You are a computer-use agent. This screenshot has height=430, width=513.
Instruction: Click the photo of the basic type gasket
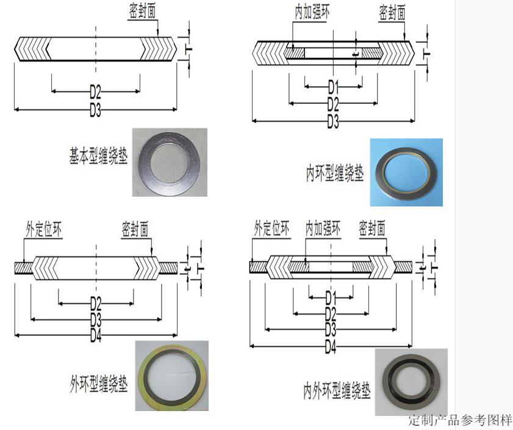click(170, 162)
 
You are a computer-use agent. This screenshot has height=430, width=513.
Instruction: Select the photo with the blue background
click(406, 172)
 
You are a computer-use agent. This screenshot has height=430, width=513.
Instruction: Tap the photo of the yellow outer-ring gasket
click(171, 375)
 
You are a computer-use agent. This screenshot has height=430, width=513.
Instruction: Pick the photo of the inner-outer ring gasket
click(411, 382)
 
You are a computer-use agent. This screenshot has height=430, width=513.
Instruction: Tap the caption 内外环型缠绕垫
click(336, 391)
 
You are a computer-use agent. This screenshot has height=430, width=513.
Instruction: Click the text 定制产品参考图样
click(460, 421)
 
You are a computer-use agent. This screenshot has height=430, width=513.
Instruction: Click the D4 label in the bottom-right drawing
click(330, 348)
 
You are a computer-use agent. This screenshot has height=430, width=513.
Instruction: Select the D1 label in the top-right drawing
click(333, 86)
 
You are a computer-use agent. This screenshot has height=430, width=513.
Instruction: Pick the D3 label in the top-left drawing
click(95, 111)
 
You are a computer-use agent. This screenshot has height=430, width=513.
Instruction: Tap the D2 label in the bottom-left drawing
click(96, 302)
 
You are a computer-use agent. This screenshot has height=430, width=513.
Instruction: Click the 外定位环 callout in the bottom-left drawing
click(43, 229)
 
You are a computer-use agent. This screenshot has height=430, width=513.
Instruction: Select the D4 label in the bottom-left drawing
click(96, 335)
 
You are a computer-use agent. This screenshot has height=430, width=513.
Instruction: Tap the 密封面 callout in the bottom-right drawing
click(372, 229)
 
